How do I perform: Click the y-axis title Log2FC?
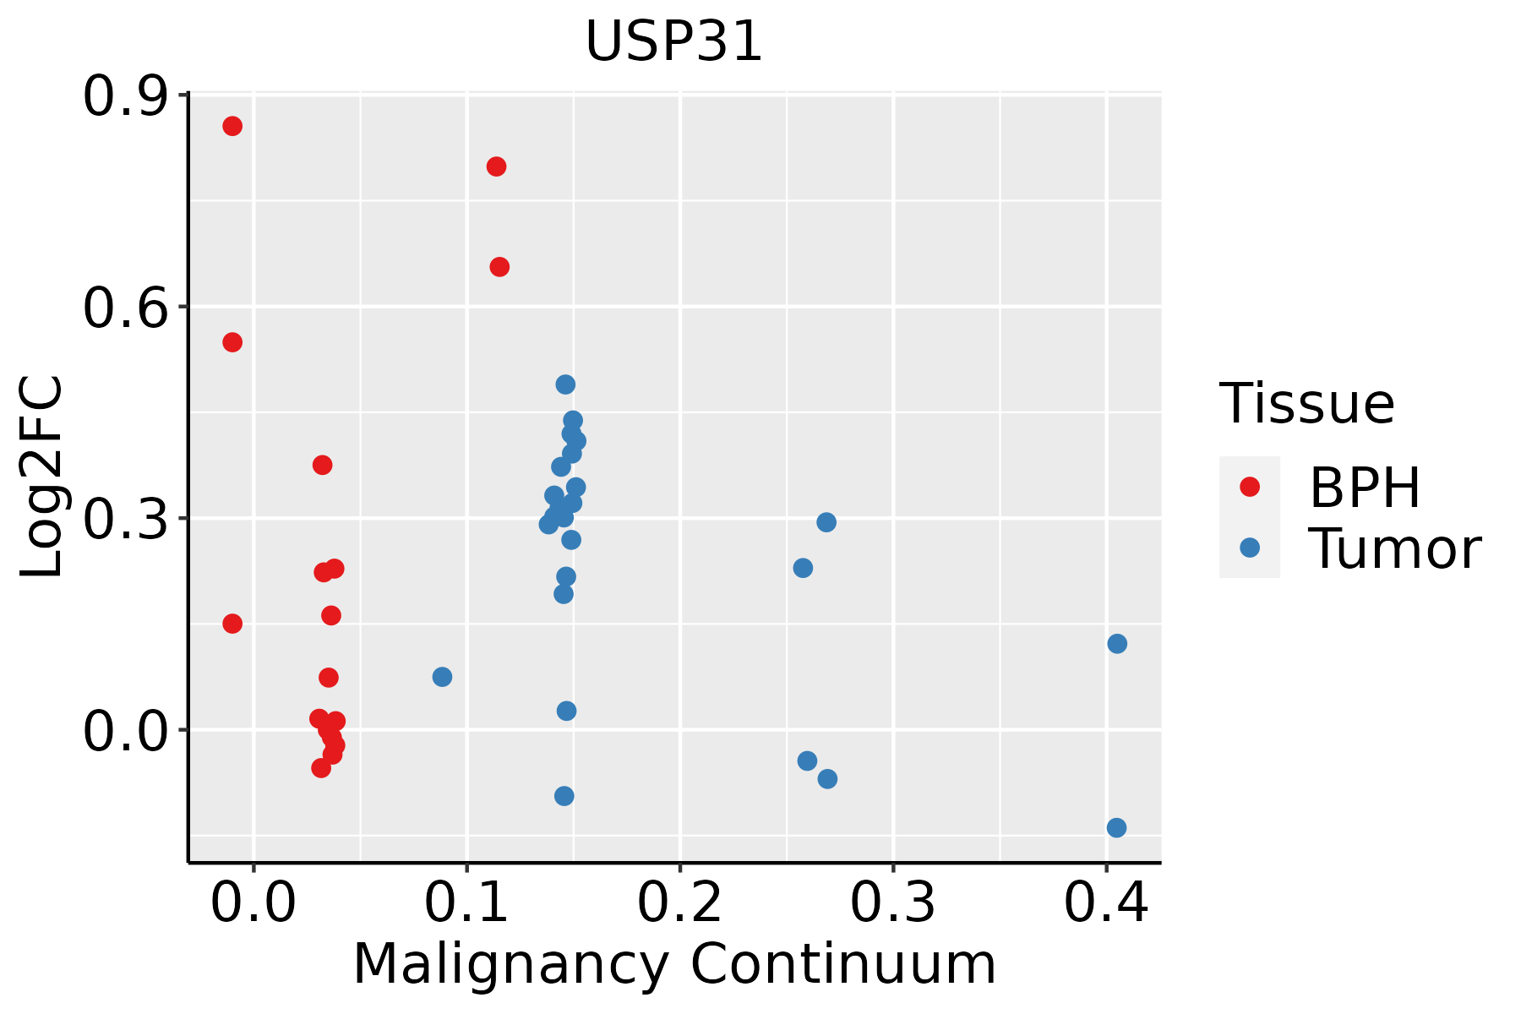42,477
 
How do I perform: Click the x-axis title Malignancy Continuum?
673,964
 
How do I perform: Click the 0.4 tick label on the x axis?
1105,902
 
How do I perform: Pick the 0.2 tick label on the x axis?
679,902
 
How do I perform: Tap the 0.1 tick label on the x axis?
466,902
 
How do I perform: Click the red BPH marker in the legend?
1249,487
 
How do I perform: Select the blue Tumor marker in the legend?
1249,548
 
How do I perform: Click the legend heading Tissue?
1306,404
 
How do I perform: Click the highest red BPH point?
232,126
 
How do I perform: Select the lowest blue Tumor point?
1116,827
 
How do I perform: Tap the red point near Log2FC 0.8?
496,166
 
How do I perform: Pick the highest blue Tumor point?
565,384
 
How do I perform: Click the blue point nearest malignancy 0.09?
442,677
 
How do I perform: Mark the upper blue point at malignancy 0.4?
1117,644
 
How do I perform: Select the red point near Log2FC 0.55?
232,342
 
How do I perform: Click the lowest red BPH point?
321,768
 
